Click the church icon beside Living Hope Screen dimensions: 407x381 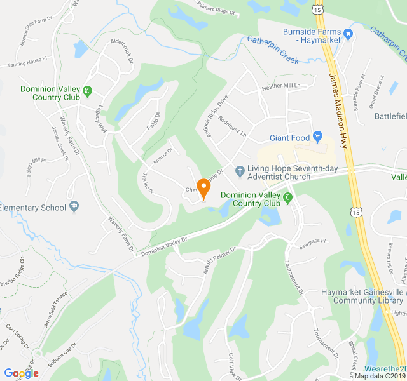pos(240,170)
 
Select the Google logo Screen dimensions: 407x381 pos(21,373)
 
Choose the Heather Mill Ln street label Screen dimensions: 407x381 pos(280,86)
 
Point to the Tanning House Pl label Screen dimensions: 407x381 pos(27,62)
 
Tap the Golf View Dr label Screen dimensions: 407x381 pos(231,365)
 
